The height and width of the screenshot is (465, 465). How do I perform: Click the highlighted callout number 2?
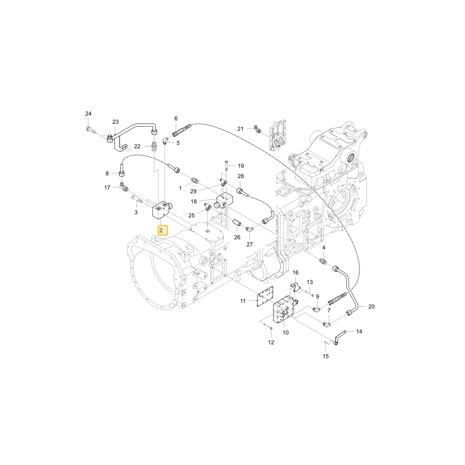point(163,231)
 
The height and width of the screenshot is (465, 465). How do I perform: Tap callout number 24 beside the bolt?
point(88,113)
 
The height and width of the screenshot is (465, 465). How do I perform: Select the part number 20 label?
point(371,306)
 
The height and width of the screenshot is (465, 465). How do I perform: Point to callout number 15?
point(325,356)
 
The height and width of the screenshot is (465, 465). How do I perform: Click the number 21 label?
point(240,129)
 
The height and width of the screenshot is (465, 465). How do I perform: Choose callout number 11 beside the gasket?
point(243,301)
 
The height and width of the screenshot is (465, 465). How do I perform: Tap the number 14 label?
point(359,332)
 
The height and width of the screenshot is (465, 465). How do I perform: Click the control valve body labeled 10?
point(284,310)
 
